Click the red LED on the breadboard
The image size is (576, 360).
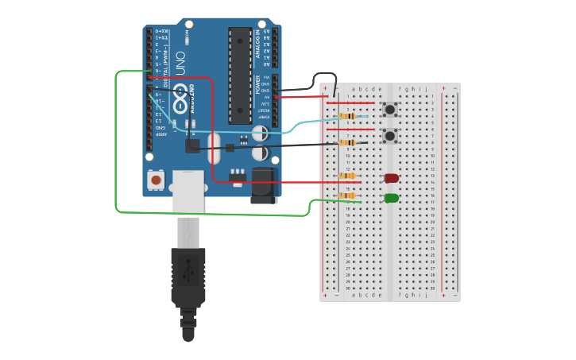pos(391,179)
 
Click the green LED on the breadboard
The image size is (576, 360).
pos(391,198)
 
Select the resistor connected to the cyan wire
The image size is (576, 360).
pos(347,116)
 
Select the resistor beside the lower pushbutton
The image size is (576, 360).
pos(347,143)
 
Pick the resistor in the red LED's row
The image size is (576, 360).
pos(347,176)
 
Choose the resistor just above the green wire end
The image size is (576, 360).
pos(347,195)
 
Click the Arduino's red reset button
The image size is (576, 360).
pos(157,180)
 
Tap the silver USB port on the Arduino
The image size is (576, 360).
pos(187,191)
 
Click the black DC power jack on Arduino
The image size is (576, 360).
pos(264,185)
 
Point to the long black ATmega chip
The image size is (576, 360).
pos(240,75)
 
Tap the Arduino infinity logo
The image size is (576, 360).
pos(181,103)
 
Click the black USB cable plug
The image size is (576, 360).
pos(188,278)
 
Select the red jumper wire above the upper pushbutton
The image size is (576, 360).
pos(350,103)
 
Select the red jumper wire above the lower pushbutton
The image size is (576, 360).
pos(350,130)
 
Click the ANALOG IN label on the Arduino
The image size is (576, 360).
pos(258,45)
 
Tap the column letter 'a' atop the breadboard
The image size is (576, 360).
pos(354,89)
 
